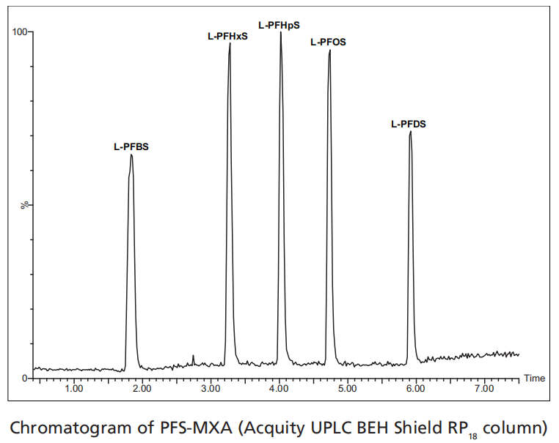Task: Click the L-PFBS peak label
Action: tap(131, 146)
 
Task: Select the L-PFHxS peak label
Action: tap(228, 36)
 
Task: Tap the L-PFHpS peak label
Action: tap(279, 26)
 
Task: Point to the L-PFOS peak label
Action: tap(328, 42)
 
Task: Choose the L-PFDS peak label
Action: tap(408, 124)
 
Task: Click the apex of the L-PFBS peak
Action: tap(131, 155)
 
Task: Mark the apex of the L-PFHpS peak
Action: tap(280, 33)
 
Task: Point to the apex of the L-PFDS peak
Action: tap(410, 132)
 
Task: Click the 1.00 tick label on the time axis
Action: tap(73, 388)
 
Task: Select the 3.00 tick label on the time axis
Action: tap(211, 388)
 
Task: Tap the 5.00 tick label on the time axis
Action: tap(348, 388)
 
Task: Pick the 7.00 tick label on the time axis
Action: tap(484, 388)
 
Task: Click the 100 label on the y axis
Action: tap(19, 32)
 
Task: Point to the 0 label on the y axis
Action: tap(24, 378)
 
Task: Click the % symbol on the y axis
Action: tap(24, 205)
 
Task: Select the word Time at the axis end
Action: tap(534, 379)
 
